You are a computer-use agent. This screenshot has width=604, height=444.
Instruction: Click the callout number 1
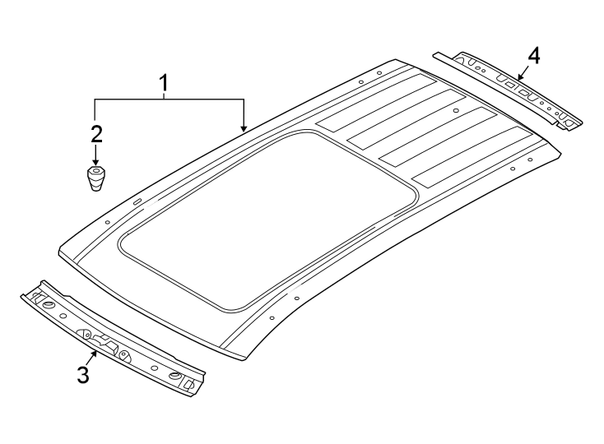[165, 82]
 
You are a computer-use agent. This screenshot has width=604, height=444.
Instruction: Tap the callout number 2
[96, 134]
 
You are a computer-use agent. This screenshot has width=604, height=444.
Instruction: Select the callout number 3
[82, 375]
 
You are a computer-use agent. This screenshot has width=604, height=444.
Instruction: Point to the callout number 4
[534, 55]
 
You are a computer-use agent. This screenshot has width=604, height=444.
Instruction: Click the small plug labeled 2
[97, 178]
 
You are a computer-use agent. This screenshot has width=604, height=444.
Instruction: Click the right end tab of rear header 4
[570, 123]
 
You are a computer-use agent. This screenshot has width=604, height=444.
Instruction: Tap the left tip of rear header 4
[436, 55]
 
